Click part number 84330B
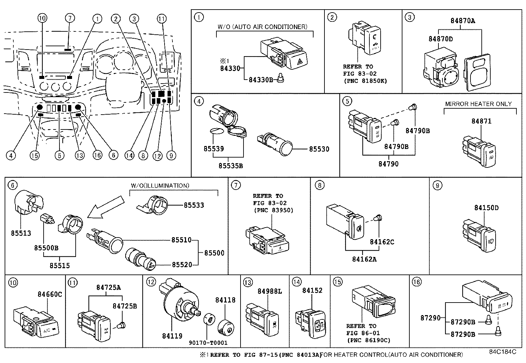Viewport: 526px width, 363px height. pos(260,80)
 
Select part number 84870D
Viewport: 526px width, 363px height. pos(440,39)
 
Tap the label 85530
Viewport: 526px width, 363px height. pos(319,149)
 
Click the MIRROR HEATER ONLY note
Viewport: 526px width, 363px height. pos(478,104)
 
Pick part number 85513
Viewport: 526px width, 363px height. pos(21,233)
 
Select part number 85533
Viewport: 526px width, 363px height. pos(194,205)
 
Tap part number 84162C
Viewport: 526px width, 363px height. pos(382,242)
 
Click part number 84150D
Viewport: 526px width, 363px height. pos(486,208)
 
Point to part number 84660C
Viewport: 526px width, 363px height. pos(50,294)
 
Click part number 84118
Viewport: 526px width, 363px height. pos(225,300)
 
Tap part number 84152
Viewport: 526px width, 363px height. pos(312,290)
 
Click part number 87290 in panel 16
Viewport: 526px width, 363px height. pos(430,318)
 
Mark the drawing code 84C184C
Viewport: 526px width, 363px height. pos(503,352)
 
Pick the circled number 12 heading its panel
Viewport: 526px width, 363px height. pos(151,282)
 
